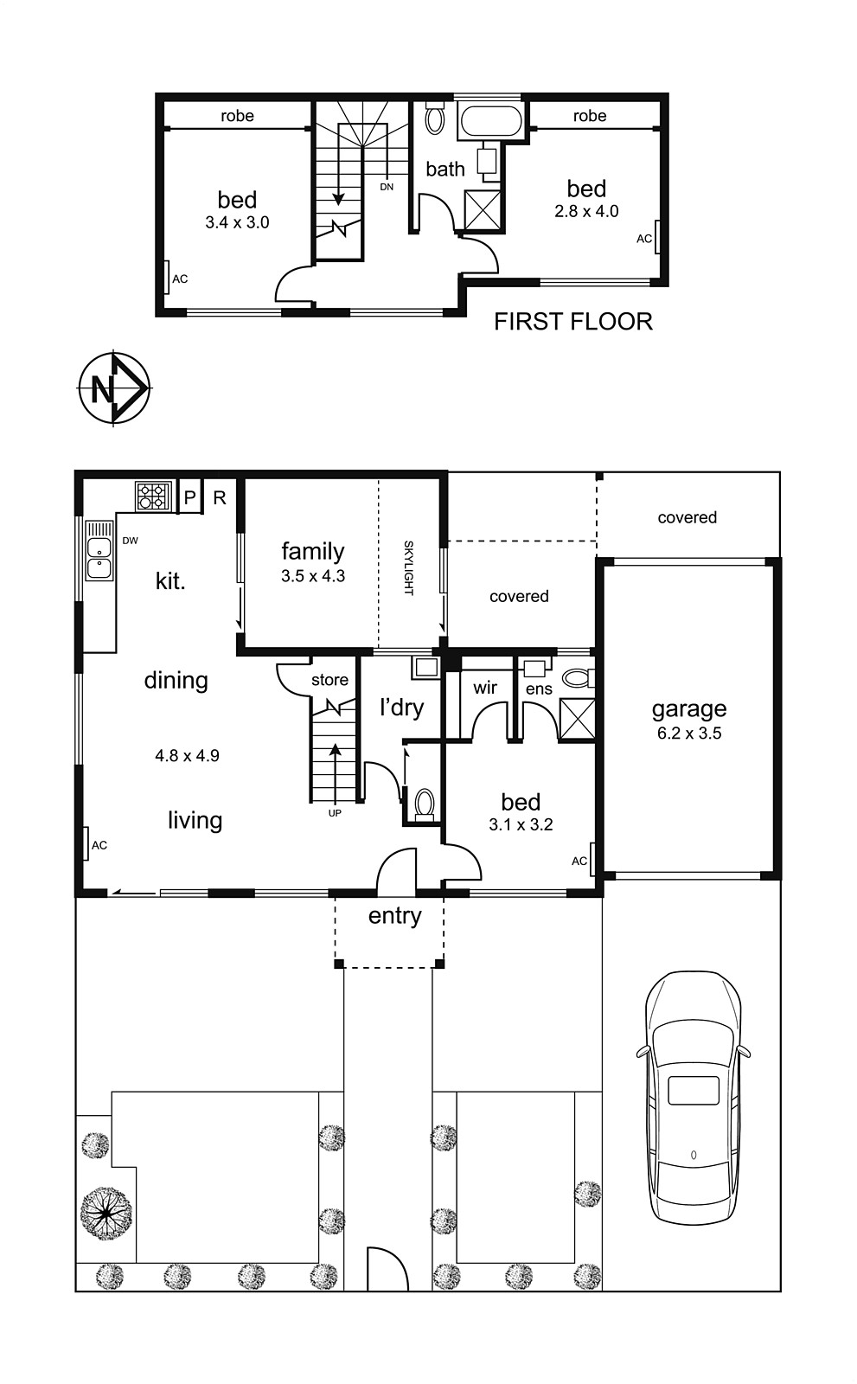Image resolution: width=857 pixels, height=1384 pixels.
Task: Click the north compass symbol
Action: pos(114,388)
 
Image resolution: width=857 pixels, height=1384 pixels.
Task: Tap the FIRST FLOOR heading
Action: pos(572,321)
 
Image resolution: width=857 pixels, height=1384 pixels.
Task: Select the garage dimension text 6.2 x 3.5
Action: pos(689,734)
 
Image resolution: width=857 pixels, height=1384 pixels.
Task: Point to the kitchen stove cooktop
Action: pos(152,496)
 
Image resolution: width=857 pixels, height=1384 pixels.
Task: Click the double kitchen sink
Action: pos(99,558)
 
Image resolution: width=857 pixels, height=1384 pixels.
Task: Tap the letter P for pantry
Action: pos(189,497)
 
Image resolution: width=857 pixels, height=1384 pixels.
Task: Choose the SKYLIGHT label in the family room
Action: pos(408,567)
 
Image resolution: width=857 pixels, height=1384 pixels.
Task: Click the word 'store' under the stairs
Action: pos(330,680)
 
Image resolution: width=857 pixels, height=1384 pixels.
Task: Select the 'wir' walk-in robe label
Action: pos(485,687)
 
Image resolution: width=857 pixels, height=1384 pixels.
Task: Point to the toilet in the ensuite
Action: pos(579,678)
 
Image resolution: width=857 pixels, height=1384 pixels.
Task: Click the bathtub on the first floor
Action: pos(490,122)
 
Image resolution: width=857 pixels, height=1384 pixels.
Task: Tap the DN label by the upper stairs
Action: pos(387,187)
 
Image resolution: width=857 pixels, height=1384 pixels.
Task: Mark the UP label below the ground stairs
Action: pos(335,813)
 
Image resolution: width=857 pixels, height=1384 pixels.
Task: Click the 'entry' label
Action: pos(395,915)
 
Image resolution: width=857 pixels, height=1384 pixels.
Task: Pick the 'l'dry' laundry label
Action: pos(401,708)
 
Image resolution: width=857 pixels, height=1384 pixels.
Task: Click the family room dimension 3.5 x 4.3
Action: pos(313,576)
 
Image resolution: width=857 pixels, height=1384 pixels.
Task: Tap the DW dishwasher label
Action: pos(130,541)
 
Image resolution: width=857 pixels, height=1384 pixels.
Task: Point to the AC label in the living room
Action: pos(99,845)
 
